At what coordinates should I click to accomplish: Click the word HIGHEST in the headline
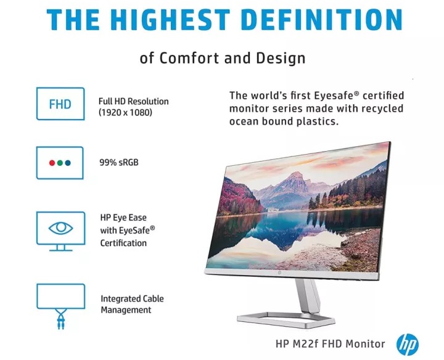[173, 19]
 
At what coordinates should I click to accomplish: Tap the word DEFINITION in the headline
[323, 19]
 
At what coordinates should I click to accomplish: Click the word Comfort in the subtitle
[189, 58]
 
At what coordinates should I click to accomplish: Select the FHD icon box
[60, 104]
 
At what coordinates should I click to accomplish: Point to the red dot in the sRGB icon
[52, 163]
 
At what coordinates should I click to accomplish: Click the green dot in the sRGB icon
[60, 163]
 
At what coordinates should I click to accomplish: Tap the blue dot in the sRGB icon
[68, 163]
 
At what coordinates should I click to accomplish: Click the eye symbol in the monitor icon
[60, 228]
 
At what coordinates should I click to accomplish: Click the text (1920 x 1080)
[125, 113]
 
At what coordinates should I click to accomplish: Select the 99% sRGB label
[119, 163]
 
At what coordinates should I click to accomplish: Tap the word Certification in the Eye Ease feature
[123, 243]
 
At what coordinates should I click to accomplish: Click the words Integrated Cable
[132, 298]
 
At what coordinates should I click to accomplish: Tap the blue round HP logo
[407, 345]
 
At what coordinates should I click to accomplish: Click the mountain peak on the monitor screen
[295, 173]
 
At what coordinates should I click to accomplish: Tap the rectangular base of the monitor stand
[286, 321]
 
